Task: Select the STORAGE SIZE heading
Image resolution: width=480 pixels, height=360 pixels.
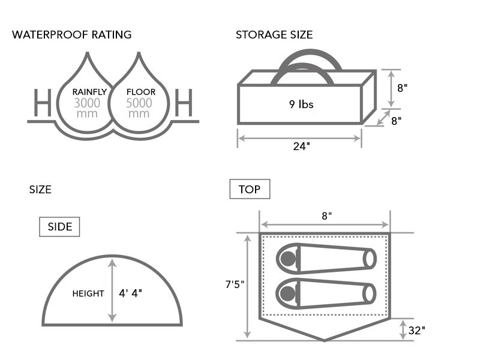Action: [x=274, y=35]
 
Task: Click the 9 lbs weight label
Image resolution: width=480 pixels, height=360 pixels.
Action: [x=301, y=104]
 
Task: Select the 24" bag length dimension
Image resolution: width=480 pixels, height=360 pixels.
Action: [x=299, y=146]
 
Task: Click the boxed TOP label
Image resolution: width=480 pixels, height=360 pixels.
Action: [x=250, y=190]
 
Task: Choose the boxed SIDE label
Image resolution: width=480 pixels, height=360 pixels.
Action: [x=59, y=227]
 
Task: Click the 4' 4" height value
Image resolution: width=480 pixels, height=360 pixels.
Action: [x=131, y=293]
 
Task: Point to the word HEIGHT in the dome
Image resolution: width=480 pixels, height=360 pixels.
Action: [x=88, y=293]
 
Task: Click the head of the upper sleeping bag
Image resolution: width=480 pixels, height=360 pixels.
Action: [x=289, y=259]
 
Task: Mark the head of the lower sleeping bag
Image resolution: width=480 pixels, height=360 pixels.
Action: [x=289, y=293]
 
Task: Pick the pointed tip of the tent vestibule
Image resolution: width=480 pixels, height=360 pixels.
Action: [x=325, y=340]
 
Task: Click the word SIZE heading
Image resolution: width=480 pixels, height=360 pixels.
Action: [x=40, y=190]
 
